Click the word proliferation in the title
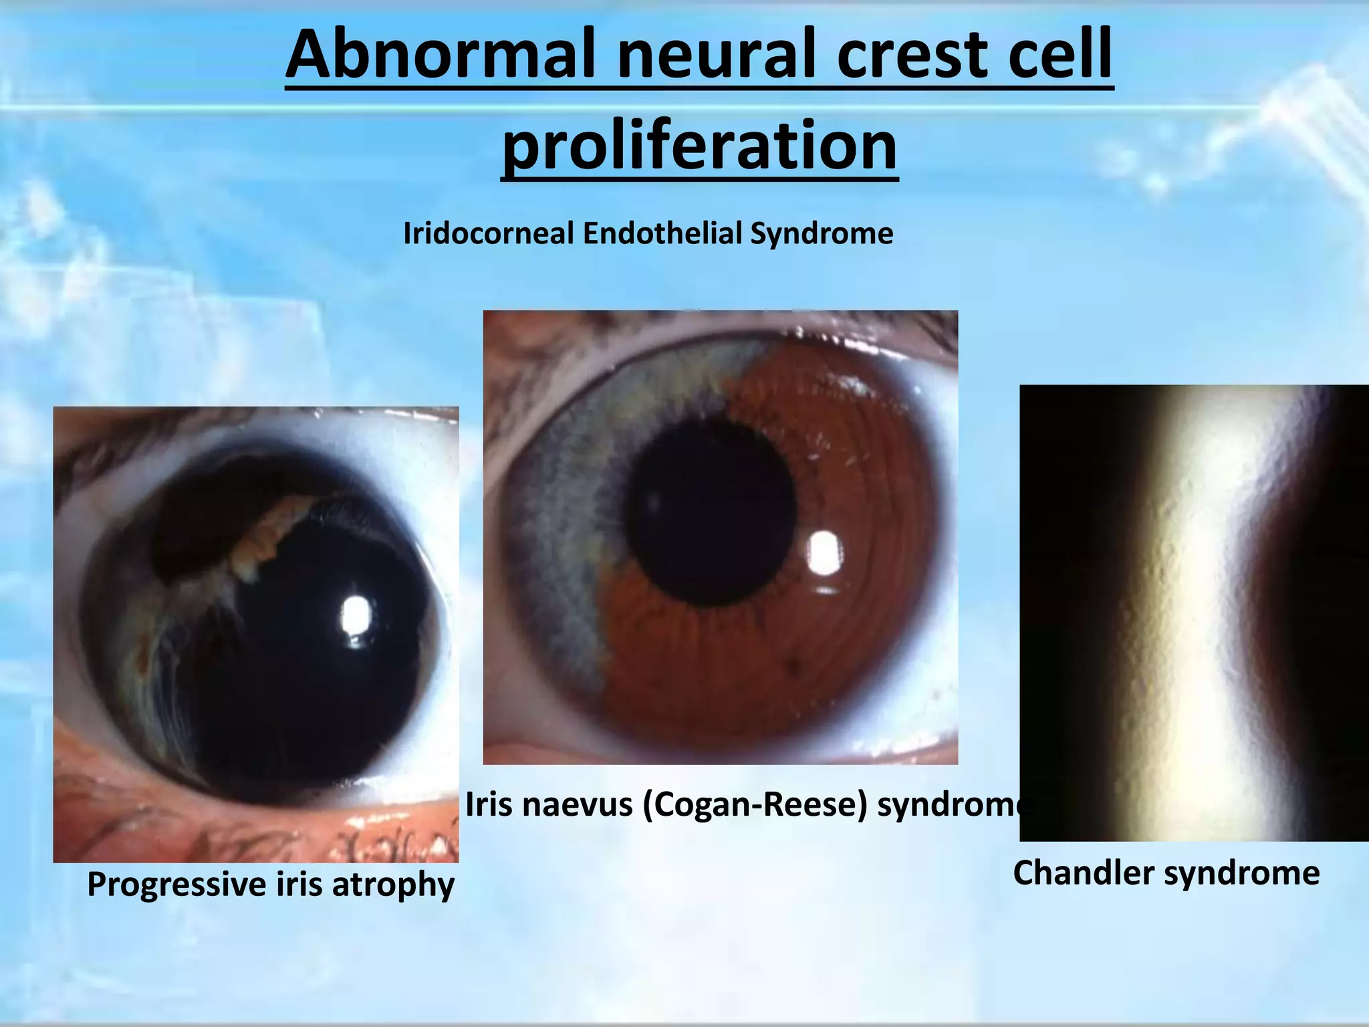pos(699,146)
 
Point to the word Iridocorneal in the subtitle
pos(489,234)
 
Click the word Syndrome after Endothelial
pos(822,234)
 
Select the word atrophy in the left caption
pos(393,885)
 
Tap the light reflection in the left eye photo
pos(356,615)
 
